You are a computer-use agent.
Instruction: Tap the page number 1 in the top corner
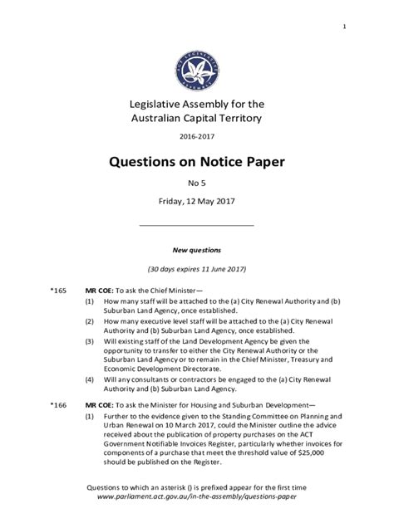click(x=343, y=27)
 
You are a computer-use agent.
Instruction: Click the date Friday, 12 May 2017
click(x=197, y=204)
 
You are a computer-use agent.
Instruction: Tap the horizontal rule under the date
click(x=197, y=225)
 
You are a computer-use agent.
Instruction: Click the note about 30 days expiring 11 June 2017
click(x=197, y=270)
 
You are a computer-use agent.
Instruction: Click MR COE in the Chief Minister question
click(x=101, y=291)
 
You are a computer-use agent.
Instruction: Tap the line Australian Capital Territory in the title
click(x=197, y=118)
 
